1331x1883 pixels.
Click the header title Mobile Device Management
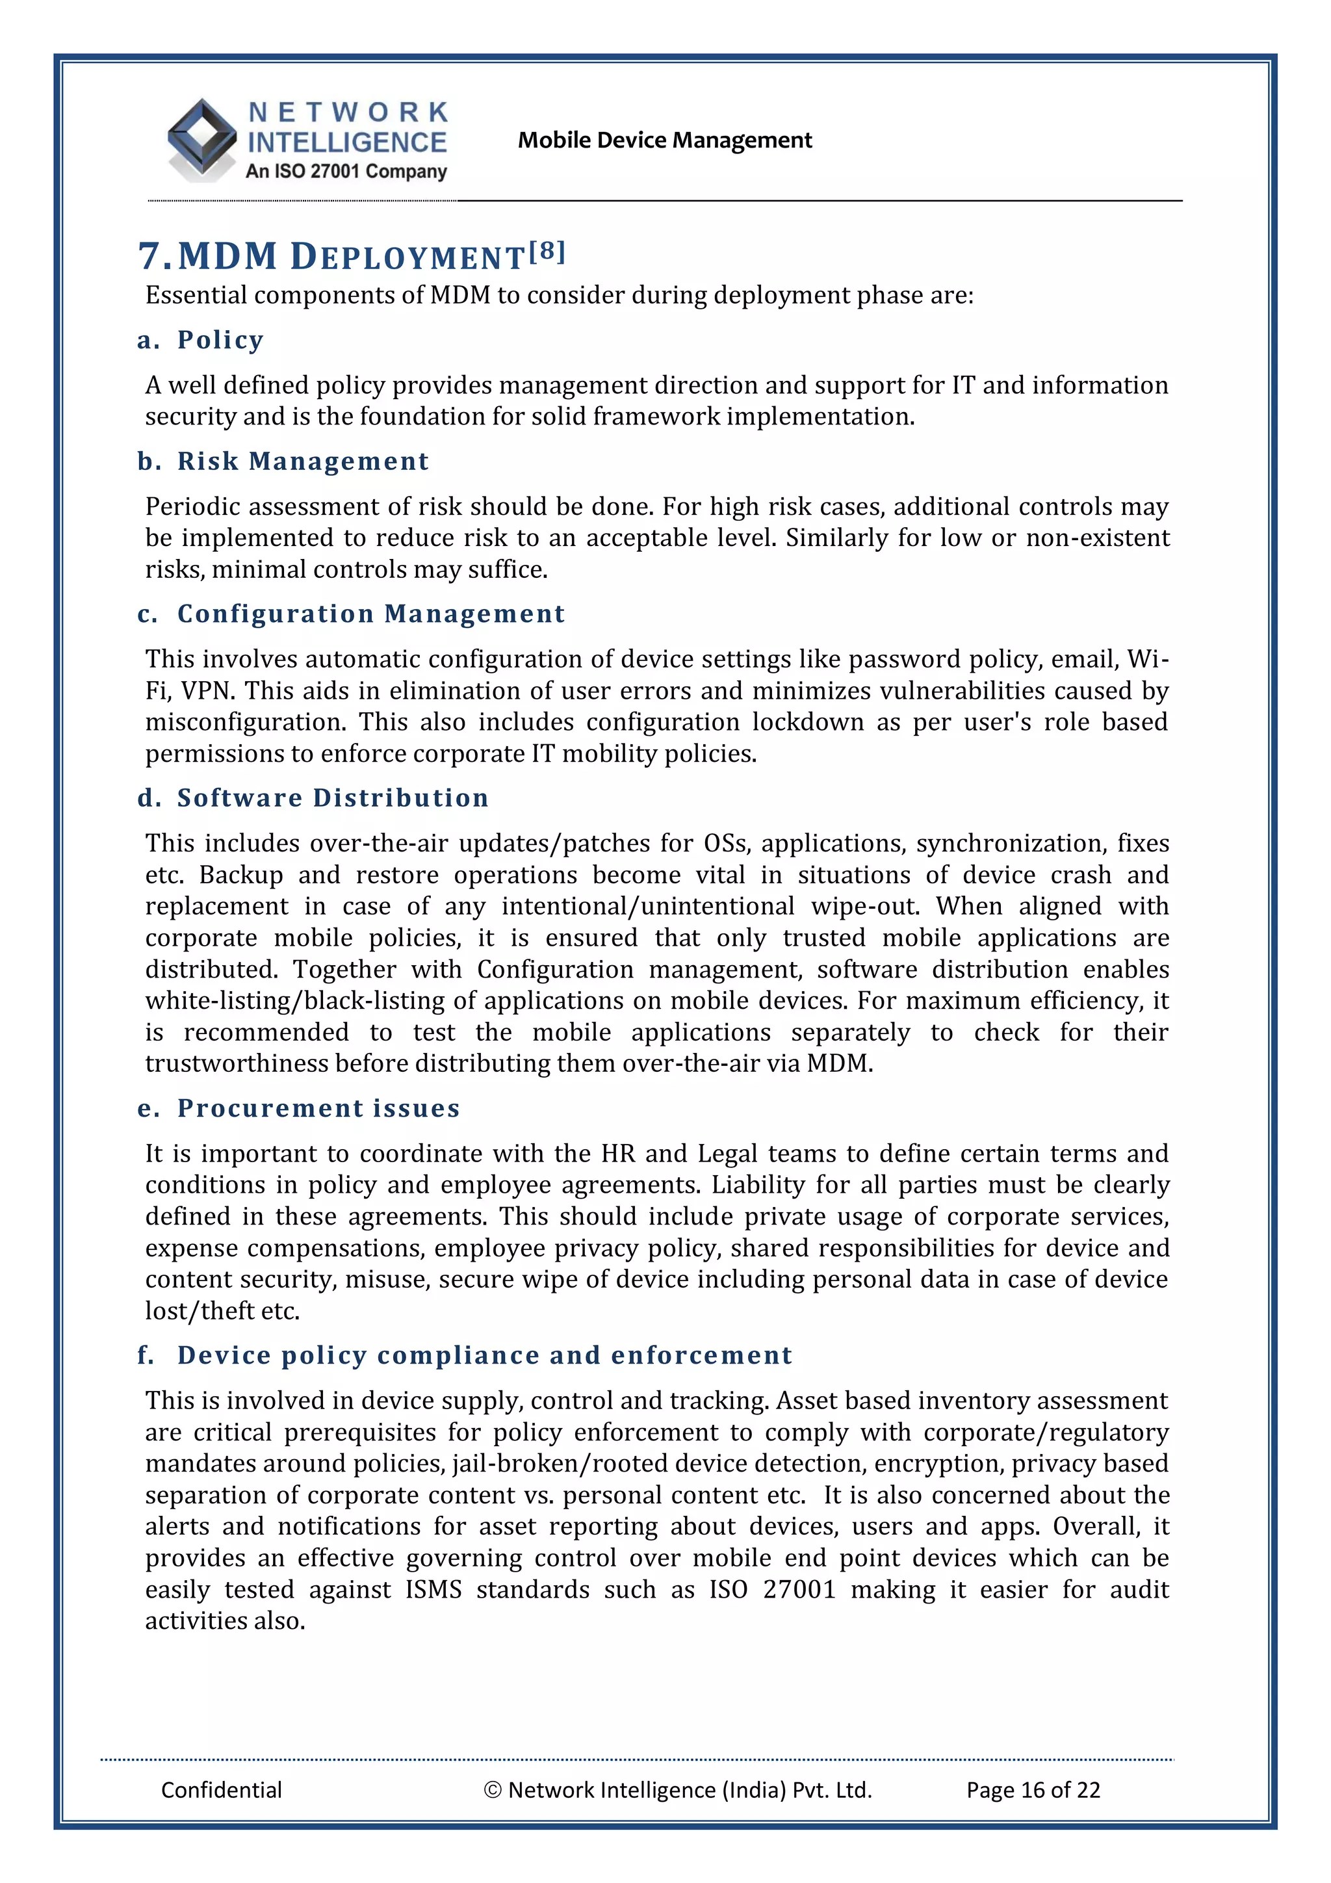pyautogui.click(x=664, y=140)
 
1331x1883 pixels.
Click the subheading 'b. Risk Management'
pyautogui.click(x=283, y=461)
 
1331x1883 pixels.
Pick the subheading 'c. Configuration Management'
pyautogui.click(x=351, y=614)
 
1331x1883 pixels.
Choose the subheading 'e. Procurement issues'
pyautogui.click(x=298, y=1108)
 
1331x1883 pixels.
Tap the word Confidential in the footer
pyautogui.click(x=222, y=1789)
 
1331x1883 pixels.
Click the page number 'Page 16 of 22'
pyautogui.click(x=1033, y=1789)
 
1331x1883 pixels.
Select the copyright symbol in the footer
pyautogui.click(x=492, y=1790)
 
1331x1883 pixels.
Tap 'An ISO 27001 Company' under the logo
pyautogui.click(x=346, y=172)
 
